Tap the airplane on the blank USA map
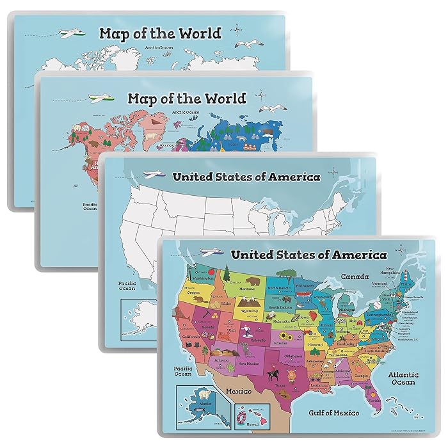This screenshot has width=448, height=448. (154, 174)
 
